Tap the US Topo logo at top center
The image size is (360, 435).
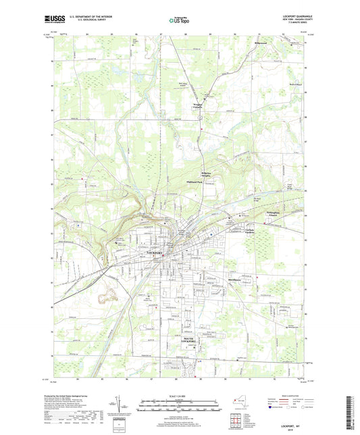pyautogui.click(x=179, y=21)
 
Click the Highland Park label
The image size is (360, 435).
pyautogui.click(x=195, y=190)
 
